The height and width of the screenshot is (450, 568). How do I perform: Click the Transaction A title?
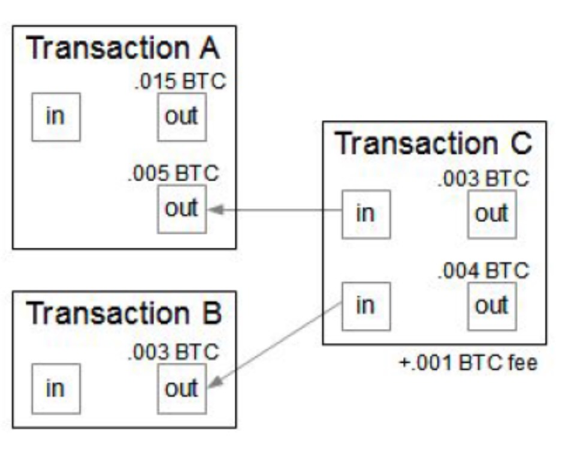pos(123,48)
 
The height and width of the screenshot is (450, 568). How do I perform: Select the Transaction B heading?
pos(123,313)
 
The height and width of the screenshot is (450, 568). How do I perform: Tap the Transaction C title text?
pos(433,144)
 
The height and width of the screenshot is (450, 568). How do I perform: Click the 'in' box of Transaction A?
pos(56,117)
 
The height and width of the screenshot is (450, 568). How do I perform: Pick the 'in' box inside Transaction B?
pos(55,388)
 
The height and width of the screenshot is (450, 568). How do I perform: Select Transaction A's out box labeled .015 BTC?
pos(182,117)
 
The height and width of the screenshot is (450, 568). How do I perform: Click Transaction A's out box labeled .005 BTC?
pos(182,209)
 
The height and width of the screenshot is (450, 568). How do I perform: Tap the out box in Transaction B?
pos(182,388)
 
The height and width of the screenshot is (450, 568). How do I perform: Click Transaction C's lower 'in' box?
pos(365,306)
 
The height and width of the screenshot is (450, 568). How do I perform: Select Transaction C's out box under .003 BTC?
pos(492,214)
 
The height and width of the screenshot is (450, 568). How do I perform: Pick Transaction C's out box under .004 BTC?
pos(492,306)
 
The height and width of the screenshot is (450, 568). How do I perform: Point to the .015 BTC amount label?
pos(180,82)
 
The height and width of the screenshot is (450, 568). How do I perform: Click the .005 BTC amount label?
pos(173,174)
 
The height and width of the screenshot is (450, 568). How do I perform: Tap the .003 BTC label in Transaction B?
pos(173,352)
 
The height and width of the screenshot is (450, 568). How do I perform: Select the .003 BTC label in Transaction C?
pos(484,178)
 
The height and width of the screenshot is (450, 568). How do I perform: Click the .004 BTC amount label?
pos(484,270)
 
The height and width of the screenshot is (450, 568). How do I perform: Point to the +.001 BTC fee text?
pos(468,363)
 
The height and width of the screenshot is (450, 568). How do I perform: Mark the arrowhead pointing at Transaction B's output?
pos(213,384)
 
